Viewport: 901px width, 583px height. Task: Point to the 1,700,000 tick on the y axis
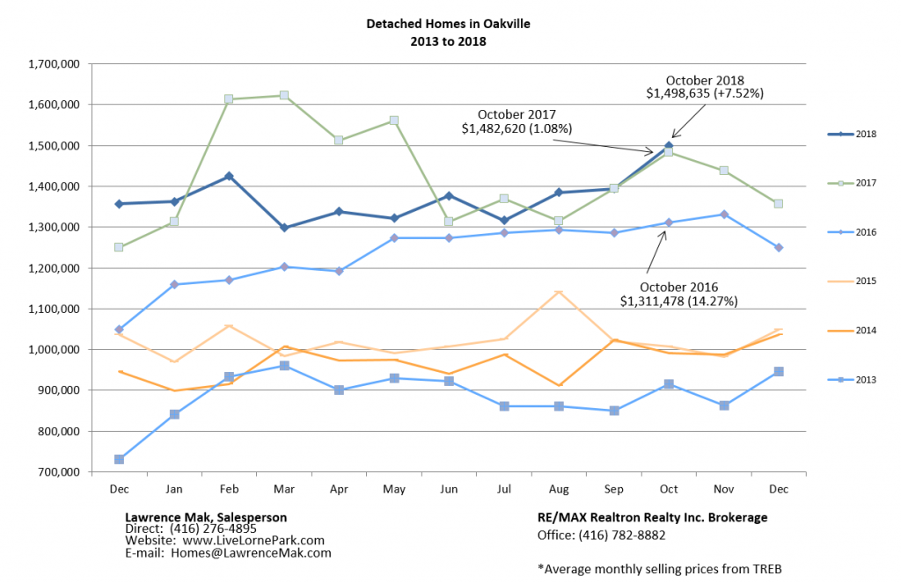(x=55, y=64)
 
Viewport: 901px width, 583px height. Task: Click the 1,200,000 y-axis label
(x=55, y=268)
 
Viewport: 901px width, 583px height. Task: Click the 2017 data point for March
(x=284, y=95)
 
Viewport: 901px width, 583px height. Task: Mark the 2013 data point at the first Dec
(x=119, y=459)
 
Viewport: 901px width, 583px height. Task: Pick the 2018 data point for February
(x=229, y=176)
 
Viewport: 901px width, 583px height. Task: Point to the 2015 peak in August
(x=559, y=293)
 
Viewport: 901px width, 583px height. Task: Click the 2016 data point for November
(x=724, y=214)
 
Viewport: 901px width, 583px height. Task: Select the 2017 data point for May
(x=394, y=120)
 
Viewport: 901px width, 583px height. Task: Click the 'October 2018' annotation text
(x=705, y=79)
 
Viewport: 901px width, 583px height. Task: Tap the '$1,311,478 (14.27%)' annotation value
(x=678, y=302)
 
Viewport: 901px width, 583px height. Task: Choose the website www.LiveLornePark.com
(x=249, y=541)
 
